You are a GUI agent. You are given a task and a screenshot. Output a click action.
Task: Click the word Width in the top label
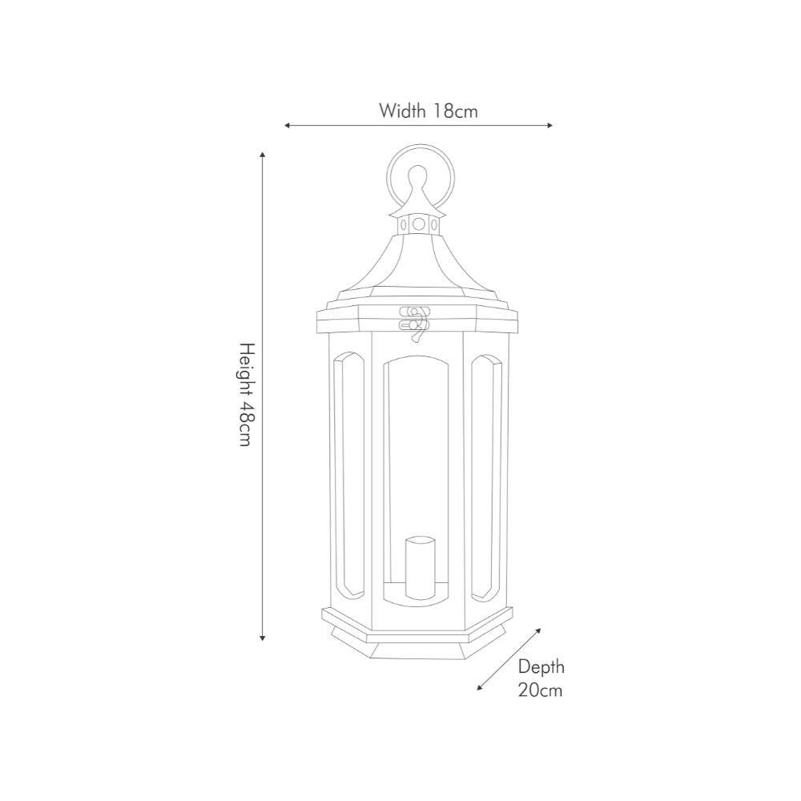pos(402,111)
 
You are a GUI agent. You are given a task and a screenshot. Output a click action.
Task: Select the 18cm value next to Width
pos(455,111)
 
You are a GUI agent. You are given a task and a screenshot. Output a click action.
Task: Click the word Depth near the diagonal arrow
pos(541,666)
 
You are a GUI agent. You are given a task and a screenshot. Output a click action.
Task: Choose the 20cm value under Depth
pos(540,690)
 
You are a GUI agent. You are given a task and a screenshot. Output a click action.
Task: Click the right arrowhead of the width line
pos(549,126)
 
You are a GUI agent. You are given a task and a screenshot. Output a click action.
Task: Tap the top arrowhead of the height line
pos(263,153)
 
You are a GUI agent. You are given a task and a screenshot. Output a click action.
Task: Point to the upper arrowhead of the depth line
pos(538,630)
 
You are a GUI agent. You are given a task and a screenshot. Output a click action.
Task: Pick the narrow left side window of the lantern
pos(348,477)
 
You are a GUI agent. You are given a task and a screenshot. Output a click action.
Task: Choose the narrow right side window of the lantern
pos(485,477)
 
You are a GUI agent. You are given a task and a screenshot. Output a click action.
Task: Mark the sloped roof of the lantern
pos(417,264)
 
